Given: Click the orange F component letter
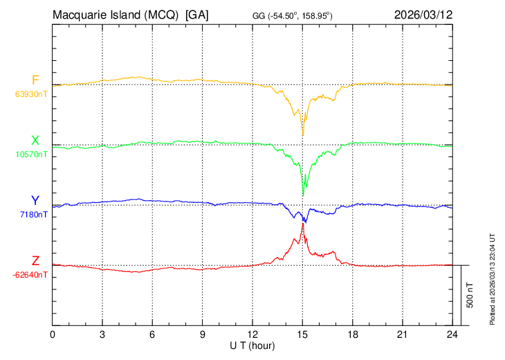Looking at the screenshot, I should pos(35,80).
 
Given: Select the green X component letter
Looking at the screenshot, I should pos(35,141).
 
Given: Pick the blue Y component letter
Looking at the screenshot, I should pos(35,201).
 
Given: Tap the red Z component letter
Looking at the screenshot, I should pos(35,261).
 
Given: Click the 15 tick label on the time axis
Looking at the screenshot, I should pos(302,334).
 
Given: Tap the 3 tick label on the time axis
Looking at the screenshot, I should pos(102,334).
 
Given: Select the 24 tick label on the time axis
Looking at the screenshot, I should pos(452,334).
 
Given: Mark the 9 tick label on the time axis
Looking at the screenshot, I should pos(203,334).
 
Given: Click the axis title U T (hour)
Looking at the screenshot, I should pos(252,345).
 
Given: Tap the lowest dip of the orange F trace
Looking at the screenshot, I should pos(302,136).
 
